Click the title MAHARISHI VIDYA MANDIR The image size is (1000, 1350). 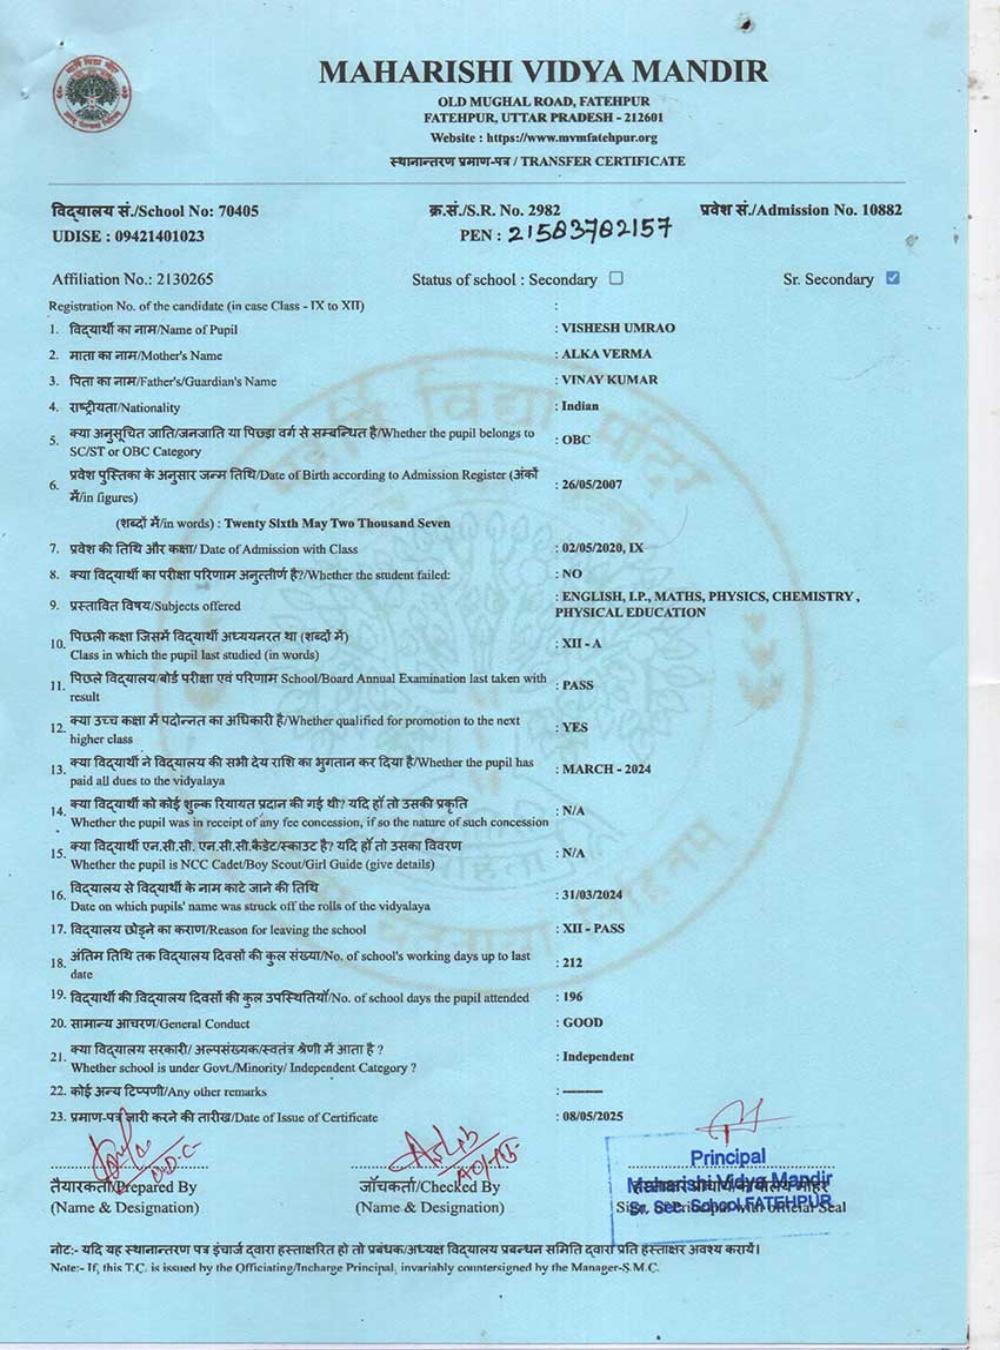click(x=544, y=71)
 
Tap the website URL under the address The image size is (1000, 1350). click(x=544, y=138)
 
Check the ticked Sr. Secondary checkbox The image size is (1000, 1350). click(x=893, y=278)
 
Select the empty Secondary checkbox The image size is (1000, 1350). click(x=616, y=278)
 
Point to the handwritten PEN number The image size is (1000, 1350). click(x=589, y=233)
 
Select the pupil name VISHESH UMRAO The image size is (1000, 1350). click(x=618, y=328)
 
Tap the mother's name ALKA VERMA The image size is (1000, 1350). click(x=607, y=354)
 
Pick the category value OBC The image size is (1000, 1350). click(x=576, y=439)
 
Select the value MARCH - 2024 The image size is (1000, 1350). click(x=607, y=769)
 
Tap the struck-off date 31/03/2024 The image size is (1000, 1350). click(x=593, y=894)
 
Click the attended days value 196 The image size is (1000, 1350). click(x=573, y=996)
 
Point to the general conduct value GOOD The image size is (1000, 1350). click(x=583, y=1022)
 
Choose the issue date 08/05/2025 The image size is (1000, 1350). click(x=593, y=1116)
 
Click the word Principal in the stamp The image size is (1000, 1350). click(x=728, y=1157)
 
